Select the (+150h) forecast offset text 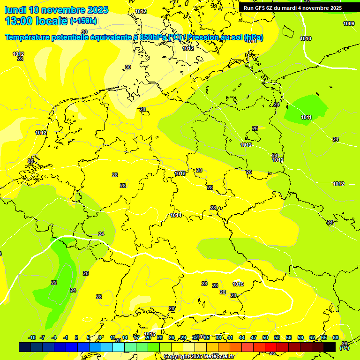click(x=83, y=21)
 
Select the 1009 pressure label click(x=349, y=23)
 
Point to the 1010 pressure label click(x=306, y=38)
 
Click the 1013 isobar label click(x=180, y=174)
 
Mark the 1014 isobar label click(x=176, y=216)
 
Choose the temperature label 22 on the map click(x=54, y=283)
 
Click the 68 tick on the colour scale click(x=336, y=337)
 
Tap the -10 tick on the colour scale click(x=32, y=337)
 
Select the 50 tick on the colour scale click(x=265, y=337)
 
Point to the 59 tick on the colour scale click(x=300, y=337)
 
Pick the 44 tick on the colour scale click(x=242, y=337)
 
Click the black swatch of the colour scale click(x=330, y=347)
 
